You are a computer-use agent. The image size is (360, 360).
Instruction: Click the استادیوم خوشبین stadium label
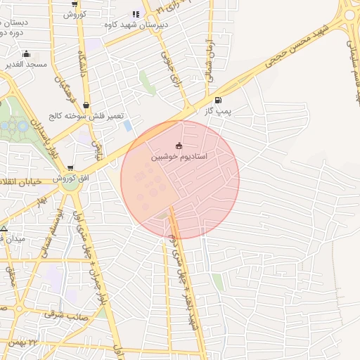pos(180,157)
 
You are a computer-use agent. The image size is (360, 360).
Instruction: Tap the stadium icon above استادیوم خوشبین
pos(179,146)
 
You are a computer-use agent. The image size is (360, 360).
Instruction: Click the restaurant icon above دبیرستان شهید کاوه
pos(136,14)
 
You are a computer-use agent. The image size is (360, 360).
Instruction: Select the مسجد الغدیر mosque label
pos(26,64)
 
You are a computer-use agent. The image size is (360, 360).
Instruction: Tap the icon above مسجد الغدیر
pos(26,53)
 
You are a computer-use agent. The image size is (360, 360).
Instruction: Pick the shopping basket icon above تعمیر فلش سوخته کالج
pos(86,105)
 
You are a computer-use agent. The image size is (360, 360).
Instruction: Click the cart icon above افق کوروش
pos(70,168)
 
